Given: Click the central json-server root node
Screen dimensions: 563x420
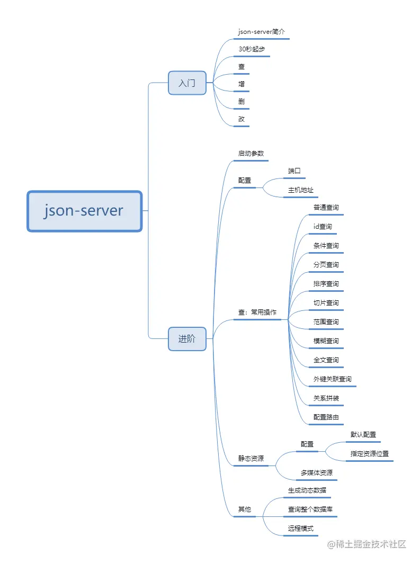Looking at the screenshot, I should click(85, 211).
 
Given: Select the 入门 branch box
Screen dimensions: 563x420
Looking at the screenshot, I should click(187, 83).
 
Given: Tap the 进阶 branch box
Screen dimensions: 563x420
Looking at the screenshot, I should click(187, 339).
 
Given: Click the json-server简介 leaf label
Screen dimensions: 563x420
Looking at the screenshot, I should click(262, 32).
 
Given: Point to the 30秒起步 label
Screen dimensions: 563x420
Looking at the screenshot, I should click(252, 49).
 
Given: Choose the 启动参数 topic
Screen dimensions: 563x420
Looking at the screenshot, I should click(251, 154).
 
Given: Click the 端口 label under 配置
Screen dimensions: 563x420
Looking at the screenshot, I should click(294, 171).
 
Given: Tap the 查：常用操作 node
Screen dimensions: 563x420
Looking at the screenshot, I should click(257, 312).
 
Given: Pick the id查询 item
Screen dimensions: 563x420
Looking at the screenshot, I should click(323, 227).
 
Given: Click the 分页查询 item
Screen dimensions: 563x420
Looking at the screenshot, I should click(326, 265).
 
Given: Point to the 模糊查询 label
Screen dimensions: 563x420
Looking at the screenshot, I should click(326, 341).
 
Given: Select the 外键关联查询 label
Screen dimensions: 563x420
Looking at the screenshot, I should click(332, 379).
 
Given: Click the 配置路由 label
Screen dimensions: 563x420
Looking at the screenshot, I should click(326, 417).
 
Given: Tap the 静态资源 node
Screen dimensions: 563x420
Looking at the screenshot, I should click(251, 459).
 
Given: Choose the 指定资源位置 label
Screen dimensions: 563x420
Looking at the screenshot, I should click(370, 454).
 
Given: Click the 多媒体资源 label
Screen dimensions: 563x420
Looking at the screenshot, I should click(317, 473).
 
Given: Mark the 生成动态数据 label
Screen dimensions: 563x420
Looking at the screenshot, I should click(307, 490).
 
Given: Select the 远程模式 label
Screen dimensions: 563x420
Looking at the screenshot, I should click(301, 529).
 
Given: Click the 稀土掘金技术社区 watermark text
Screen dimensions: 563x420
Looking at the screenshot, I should click(371, 544).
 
